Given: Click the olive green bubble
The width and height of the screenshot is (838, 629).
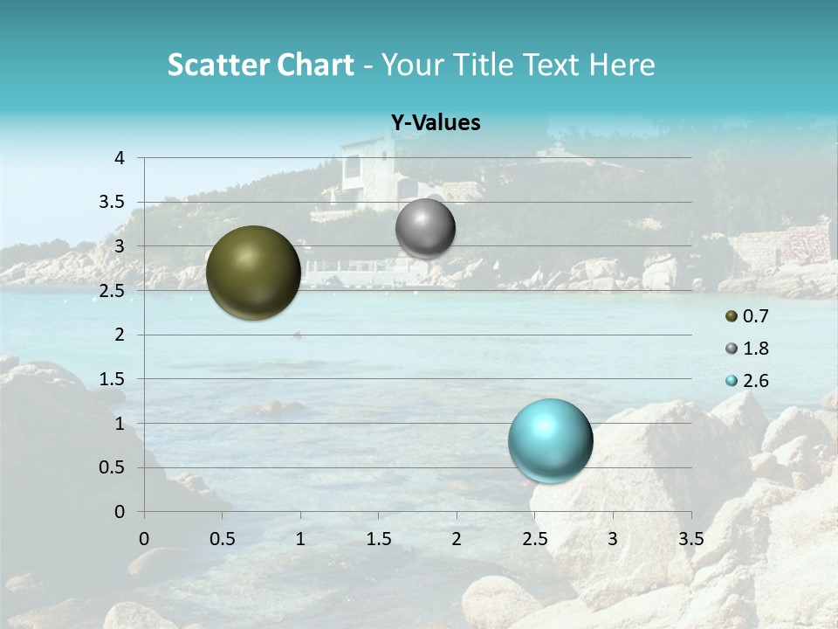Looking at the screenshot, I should [253, 273].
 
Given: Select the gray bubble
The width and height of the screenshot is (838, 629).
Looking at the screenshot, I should [425, 229].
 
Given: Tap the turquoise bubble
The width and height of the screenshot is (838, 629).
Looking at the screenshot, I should [550, 440].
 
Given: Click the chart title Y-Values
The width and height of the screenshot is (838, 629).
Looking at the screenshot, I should [436, 123].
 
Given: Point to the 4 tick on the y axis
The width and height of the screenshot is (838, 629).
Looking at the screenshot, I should [120, 158].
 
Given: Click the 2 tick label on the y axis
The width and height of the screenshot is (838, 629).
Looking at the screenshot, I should [120, 335].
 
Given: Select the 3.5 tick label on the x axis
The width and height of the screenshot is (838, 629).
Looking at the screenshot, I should [691, 538].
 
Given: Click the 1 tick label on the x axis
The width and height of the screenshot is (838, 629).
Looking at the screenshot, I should [300, 538].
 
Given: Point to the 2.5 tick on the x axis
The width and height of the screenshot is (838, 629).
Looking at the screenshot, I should [534, 538].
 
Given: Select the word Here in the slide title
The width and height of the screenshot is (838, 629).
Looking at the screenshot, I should [622, 65].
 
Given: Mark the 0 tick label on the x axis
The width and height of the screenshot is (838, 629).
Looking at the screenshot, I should [144, 538].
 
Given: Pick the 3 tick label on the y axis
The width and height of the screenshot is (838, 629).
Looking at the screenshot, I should [120, 246].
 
